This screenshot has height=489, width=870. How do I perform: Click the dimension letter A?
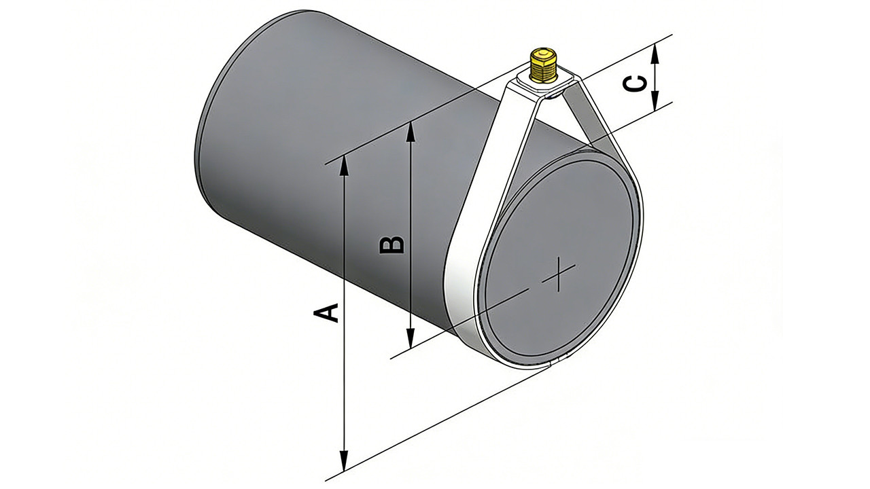tap(326, 313)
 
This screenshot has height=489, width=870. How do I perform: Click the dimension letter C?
tap(633, 84)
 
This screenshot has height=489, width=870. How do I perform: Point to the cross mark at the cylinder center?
tap(559, 274)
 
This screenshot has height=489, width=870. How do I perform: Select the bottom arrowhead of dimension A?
tap(345, 463)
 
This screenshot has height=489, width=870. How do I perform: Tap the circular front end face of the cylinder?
tap(564, 265)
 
